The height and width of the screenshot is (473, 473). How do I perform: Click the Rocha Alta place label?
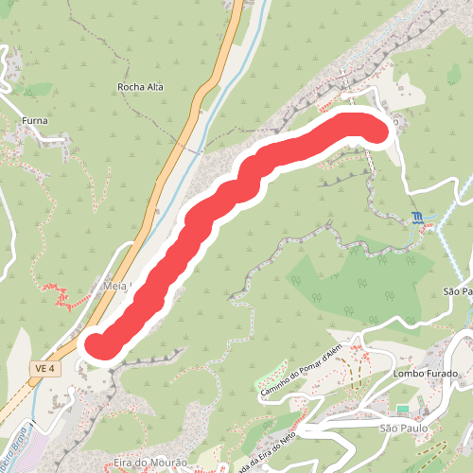click(140, 87)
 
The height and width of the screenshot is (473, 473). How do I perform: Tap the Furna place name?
click(34, 121)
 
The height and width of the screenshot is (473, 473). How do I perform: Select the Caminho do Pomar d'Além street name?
click(300, 372)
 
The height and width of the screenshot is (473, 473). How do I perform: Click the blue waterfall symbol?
click(417, 219)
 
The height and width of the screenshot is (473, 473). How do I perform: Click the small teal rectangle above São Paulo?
click(403, 409)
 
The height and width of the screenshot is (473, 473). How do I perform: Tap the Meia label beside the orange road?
click(114, 285)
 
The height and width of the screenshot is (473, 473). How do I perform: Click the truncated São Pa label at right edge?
click(458, 292)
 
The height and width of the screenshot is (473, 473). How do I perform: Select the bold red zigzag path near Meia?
click(63, 301)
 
